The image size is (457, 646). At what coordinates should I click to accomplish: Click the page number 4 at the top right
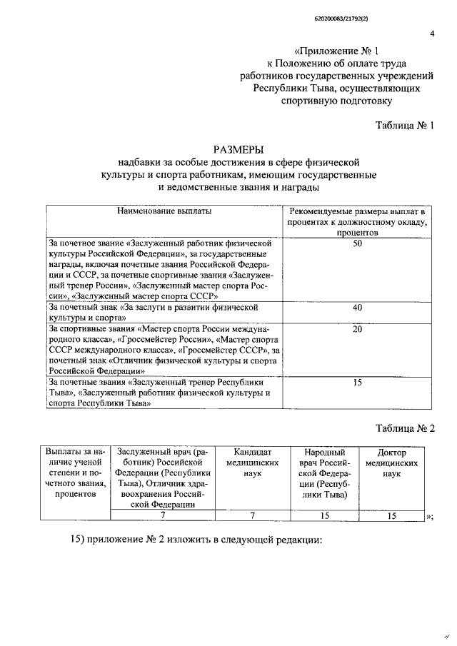tap(432, 33)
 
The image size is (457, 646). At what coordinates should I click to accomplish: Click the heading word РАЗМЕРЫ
tap(239, 149)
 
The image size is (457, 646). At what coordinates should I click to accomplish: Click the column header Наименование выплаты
tap(165, 212)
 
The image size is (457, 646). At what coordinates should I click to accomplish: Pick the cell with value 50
tap(358, 244)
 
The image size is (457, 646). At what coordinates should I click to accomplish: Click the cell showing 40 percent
tap(358, 308)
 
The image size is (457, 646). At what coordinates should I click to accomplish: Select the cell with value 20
tap(358, 329)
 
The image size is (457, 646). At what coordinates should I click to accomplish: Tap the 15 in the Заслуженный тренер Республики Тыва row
tap(358, 383)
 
